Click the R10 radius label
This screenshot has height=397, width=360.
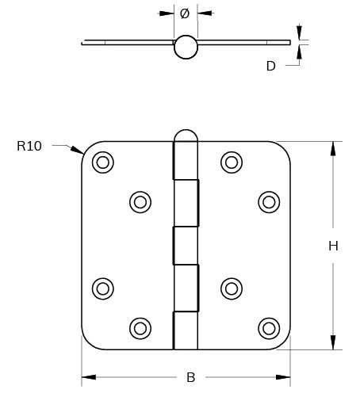click(29, 146)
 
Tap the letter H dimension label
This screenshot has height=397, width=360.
click(333, 246)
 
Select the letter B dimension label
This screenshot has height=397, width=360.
click(190, 377)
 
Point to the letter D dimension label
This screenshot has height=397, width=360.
click(270, 67)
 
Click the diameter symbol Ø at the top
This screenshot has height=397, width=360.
click(185, 13)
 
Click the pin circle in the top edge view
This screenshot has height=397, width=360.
click(185, 47)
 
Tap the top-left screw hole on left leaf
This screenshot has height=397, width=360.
click(103, 162)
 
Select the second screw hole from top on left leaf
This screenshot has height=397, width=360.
click(140, 202)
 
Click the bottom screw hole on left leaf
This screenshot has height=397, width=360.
click(140, 326)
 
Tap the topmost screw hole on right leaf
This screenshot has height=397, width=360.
click(231, 162)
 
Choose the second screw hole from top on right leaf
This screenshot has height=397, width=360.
click(269, 202)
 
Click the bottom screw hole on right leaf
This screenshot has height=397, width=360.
click(269, 326)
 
